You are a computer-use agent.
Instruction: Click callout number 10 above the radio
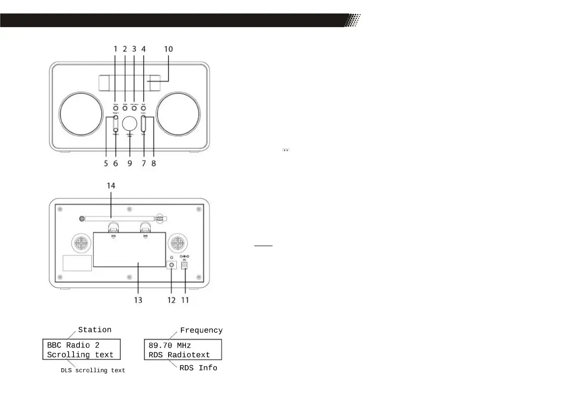[169, 49]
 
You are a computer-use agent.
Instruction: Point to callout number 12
[171, 299]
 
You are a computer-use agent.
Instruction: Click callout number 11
[186, 299]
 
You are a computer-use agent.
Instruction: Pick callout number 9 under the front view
[130, 163]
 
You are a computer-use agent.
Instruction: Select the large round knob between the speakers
[130, 123]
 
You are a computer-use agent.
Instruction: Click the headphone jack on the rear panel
[172, 265]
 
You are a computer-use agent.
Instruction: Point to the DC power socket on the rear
[186, 265]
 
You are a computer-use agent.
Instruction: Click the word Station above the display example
[95, 330]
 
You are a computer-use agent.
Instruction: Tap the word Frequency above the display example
[201, 330]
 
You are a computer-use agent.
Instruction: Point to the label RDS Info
[198, 368]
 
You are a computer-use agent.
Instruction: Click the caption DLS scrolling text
[93, 370]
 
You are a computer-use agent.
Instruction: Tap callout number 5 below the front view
[106, 163]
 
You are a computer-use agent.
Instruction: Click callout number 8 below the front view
[154, 163]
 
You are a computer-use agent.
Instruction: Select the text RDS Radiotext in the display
[179, 355]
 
